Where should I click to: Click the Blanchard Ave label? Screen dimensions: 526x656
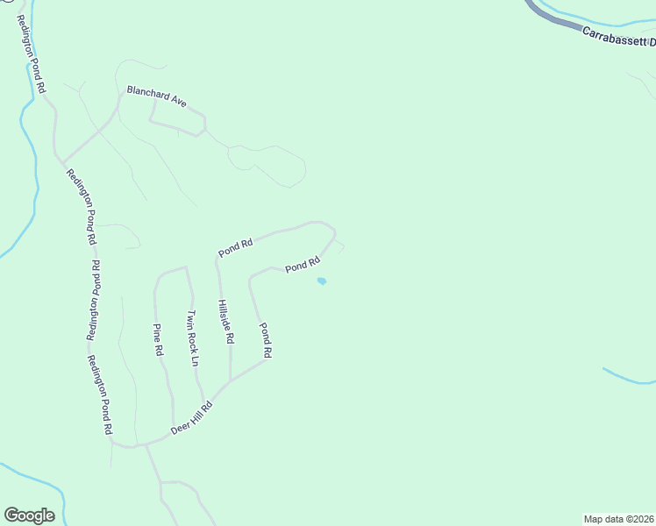pyautogui.click(x=157, y=96)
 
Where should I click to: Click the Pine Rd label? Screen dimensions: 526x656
pyautogui.click(x=159, y=339)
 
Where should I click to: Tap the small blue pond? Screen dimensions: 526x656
pyautogui.click(x=322, y=281)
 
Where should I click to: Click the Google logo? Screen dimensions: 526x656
pyautogui.click(x=29, y=515)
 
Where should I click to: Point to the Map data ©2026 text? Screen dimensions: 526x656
pyautogui.click(x=618, y=518)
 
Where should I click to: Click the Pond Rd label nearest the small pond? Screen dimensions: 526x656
pyautogui.click(x=301, y=265)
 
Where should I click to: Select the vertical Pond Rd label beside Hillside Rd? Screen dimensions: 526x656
pyautogui.click(x=266, y=339)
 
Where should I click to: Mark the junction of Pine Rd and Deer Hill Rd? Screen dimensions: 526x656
pyautogui.click(x=174, y=431)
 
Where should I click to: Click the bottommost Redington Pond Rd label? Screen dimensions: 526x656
pyautogui.click(x=100, y=395)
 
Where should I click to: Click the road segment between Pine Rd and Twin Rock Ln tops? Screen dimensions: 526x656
pyautogui.click(x=171, y=271)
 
